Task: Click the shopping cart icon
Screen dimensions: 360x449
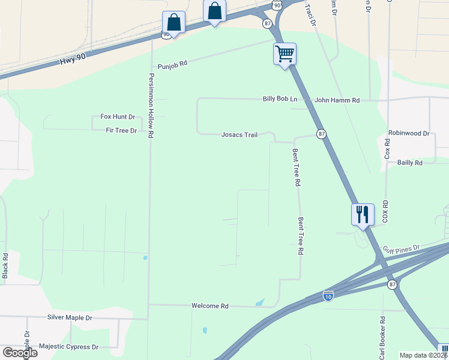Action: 285,54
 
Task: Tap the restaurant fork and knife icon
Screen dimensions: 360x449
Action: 363,214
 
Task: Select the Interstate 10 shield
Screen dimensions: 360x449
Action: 328,296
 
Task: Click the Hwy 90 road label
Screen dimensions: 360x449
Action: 73,61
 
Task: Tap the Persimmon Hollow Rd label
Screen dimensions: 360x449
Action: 151,106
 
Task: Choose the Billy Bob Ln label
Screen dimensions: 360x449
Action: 280,99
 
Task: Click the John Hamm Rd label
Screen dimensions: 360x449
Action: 337,100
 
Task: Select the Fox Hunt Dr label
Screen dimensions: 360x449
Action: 118,117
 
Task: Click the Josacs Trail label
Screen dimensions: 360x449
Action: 240,135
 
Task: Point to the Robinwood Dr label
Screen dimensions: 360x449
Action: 409,133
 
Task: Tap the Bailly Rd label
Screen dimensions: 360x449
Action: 410,163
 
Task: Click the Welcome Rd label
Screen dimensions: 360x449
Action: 210,306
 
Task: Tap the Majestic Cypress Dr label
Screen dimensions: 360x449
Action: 68,347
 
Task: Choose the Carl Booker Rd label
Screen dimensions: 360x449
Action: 382,338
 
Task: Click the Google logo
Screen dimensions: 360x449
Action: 20,353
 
